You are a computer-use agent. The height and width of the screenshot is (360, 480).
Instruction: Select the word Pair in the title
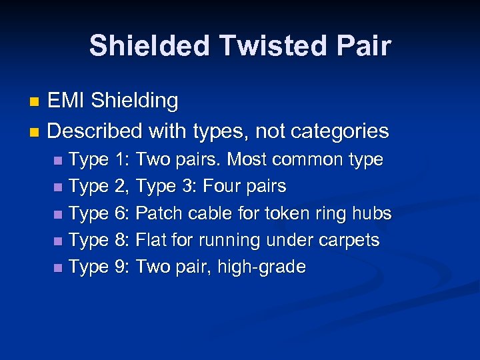(363, 46)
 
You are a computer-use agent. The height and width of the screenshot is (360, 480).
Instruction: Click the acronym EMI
(67, 101)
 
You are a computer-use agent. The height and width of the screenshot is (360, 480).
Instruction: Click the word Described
(94, 131)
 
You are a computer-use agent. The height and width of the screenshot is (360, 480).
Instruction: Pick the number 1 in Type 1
(121, 160)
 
